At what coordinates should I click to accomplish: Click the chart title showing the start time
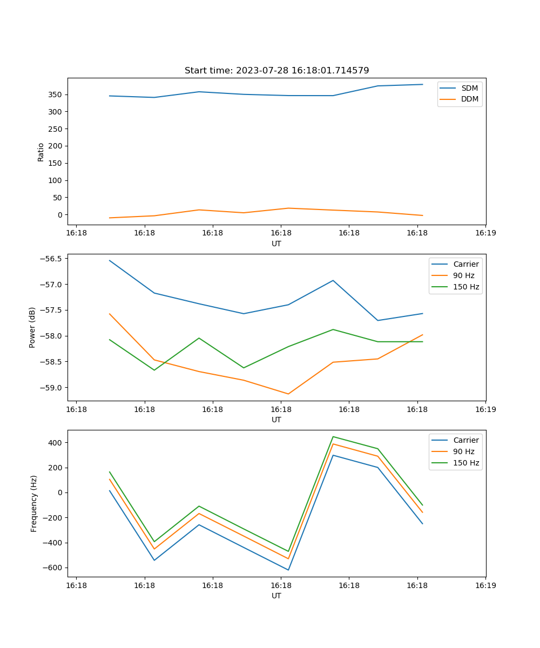point(276,71)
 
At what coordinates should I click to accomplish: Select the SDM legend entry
point(469,88)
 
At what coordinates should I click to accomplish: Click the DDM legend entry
point(469,99)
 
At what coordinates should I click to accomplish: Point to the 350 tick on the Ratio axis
point(56,94)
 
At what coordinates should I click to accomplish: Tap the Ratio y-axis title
point(41,152)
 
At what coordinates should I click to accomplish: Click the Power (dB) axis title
point(32,327)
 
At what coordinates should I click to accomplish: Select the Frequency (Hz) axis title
point(33,503)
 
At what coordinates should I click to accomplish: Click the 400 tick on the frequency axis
point(56,443)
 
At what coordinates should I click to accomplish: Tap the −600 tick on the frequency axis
point(53,568)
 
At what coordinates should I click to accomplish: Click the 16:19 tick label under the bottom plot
point(485,585)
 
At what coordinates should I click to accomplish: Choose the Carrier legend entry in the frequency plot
point(465,440)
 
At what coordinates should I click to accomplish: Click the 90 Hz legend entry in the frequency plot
point(463,451)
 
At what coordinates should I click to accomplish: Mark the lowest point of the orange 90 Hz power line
point(288,394)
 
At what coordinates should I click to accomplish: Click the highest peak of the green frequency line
point(333,436)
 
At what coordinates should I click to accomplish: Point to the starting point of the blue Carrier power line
point(110,260)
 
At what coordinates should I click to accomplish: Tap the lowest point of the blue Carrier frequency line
point(288,570)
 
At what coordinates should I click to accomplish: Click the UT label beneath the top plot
point(276,244)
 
